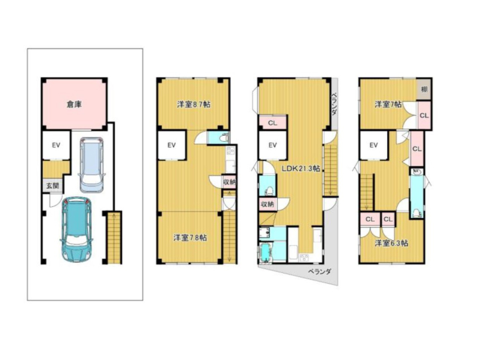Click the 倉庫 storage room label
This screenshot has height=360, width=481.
74,104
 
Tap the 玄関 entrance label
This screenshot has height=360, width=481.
52,186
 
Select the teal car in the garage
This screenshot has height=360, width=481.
76,230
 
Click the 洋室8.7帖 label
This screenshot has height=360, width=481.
194,104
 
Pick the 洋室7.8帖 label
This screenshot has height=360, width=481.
190,237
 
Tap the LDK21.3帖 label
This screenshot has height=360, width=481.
301,168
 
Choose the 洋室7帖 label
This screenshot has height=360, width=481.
388,104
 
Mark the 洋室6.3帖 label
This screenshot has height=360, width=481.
391,243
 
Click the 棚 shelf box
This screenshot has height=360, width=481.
424,89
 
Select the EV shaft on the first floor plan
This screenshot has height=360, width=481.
56,145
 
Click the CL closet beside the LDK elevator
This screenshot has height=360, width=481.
273,123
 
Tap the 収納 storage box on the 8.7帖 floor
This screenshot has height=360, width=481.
229,182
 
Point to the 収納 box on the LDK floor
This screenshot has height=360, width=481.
267,204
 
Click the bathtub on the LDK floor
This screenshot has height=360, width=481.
266,252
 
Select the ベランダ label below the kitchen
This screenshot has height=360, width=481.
319,272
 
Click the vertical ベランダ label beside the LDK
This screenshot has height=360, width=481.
335,103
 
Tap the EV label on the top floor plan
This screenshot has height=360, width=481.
373,145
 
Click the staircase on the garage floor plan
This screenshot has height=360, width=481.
114,237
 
